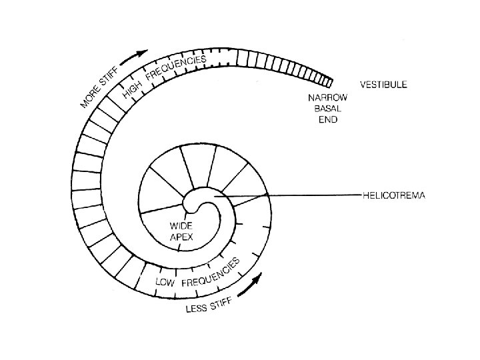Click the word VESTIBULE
(x=384, y=85)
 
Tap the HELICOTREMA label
(x=393, y=195)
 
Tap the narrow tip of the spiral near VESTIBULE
(x=329, y=80)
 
